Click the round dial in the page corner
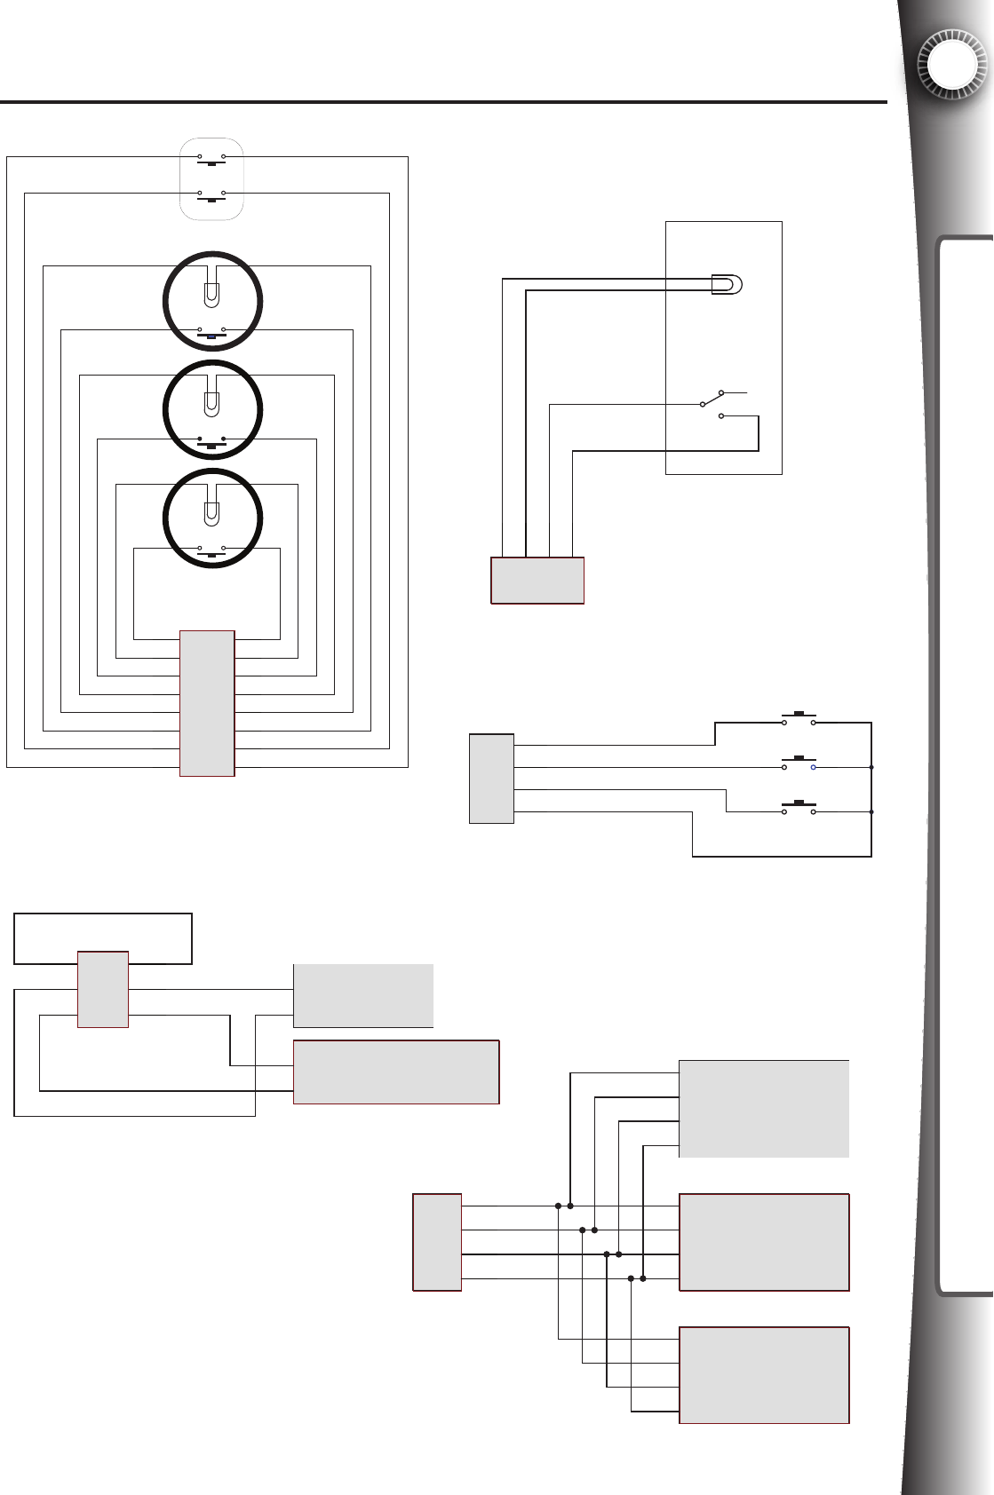click(x=952, y=65)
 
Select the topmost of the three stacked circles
click(x=212, y=301)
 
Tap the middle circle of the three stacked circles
click(x=212, y=409)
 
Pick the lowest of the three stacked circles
click(x=212, y=518)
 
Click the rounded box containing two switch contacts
click(x=211, y=178)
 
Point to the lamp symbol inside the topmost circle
click(x=211, y=294)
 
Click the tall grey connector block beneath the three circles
click(x=207, y=703)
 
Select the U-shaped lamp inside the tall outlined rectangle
click(x=727, y=284)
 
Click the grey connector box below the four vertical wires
click(x=537, y=581)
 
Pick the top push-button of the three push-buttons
click(x=799, y=717)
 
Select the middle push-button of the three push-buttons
click(x=799, y=762)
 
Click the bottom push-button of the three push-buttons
click(x=799, y=806)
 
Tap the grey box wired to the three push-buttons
click(x=491, y=779)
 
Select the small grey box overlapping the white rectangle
click(x=103, y=990)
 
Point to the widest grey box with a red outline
click(x=396, y=1072)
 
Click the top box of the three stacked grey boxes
click(x=764, y=1108)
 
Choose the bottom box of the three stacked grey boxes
click(x=764, y=1375)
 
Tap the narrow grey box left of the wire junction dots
click(x=437, y=1242)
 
